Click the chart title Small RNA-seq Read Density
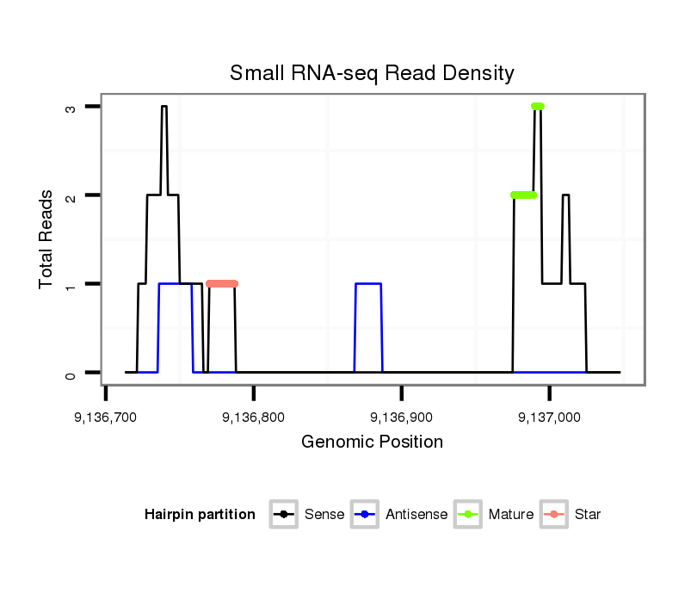[x=372, y=73]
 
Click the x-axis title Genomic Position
[x=372, y=442]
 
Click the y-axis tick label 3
[x=72, y=107]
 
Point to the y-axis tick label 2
[x=72, y=195]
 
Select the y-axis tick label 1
[x=72, y=284]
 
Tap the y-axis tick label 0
[x=72, y=373]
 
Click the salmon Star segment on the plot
[x=222, y=283]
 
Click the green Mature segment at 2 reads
[x=523, y=195]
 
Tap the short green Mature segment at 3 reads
[x=538, y=106]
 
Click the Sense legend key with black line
[x=283, y=515]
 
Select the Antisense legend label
[x=416, y=515]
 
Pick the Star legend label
[x=588, y=515]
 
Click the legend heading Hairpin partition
[x=200, y=515]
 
